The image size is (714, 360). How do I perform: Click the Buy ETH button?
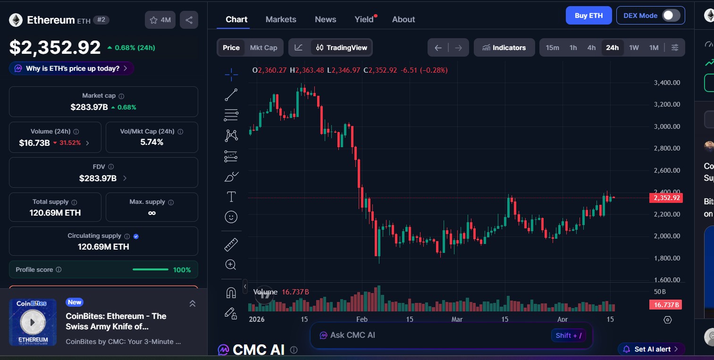[588, 16]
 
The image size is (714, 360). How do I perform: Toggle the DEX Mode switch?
[671, 16]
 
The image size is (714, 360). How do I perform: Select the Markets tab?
[281, 19]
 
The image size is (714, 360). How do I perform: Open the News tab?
[325, 19]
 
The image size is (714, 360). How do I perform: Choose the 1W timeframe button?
[634, 48]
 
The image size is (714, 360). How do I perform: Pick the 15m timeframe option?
[552, 48]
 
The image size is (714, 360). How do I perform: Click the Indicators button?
[504, 48]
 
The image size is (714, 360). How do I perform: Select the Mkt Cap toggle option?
[263, 48]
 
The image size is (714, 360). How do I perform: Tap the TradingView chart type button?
[342, 48]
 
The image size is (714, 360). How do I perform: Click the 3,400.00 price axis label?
[666, 83]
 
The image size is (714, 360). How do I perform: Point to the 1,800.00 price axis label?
[666, 258]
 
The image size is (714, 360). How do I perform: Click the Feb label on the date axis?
[361, 319]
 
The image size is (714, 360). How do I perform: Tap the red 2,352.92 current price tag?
[666, 198]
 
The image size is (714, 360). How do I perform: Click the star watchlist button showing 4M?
[160, 20]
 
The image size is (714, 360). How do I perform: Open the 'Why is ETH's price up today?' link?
[71, 68]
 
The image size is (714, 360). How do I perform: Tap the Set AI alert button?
[652, 349]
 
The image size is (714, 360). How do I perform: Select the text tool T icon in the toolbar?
[231, 196]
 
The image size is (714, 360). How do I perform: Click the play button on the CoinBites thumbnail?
[33, 322]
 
